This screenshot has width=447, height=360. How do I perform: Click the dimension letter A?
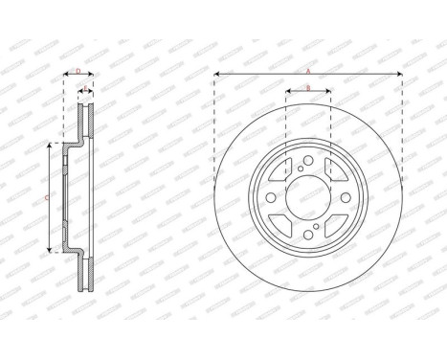pos(307,70)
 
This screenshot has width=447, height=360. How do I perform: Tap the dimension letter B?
pos(307,87)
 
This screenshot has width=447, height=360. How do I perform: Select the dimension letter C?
pos(48,196)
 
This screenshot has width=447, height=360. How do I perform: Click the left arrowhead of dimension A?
pos(217,74)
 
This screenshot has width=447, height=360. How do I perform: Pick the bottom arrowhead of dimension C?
pos(48,252)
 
